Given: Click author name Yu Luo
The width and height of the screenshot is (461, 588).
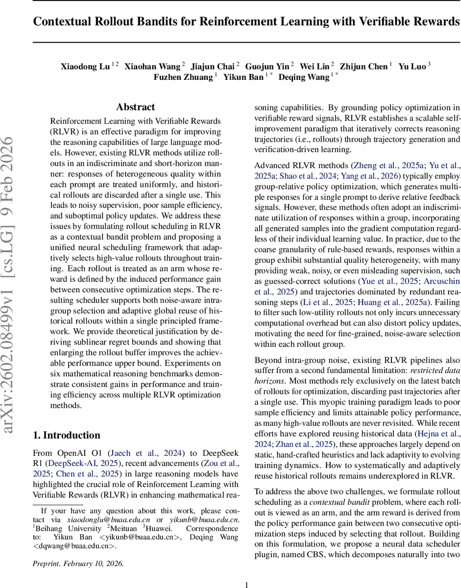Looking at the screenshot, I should point(412,66).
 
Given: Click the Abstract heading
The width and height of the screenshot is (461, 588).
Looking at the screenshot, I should point(135,107).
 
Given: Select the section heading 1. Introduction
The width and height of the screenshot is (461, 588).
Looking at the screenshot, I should point(66,435).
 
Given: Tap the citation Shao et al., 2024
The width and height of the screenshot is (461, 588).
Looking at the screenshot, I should point(297,176).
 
